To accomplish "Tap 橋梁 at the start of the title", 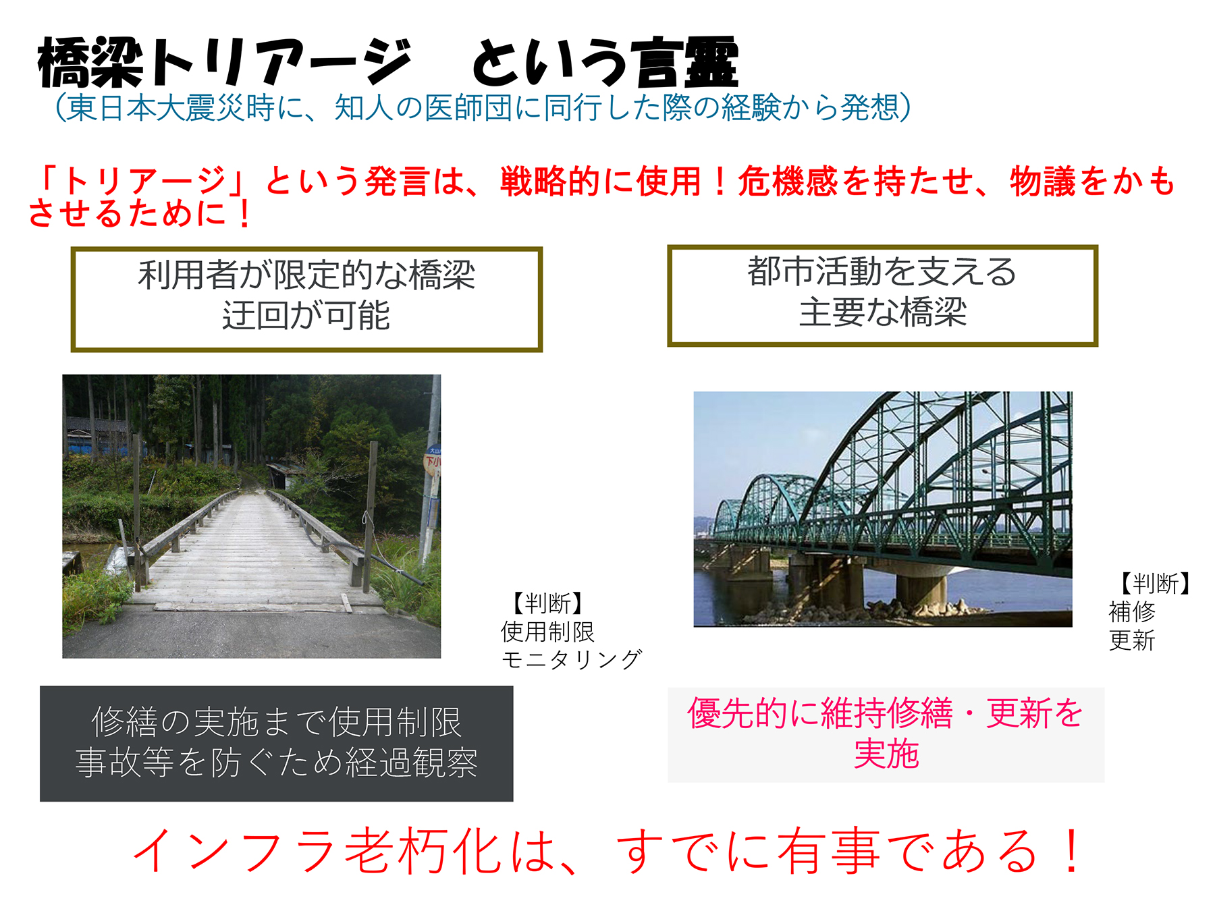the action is (91, 63).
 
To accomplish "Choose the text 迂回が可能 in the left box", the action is (306, 315).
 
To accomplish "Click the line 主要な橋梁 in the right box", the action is (883, 312).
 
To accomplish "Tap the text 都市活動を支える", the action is (882, 271).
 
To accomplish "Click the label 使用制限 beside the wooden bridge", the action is (547, 632).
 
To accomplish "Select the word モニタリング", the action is (571, 659).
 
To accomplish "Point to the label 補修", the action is (1132, 611).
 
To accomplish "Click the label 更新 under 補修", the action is (1132, 640).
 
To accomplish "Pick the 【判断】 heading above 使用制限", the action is (547, 603).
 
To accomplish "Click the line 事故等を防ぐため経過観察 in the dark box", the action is (277, 763).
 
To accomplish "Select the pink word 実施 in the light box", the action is (886, 753).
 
